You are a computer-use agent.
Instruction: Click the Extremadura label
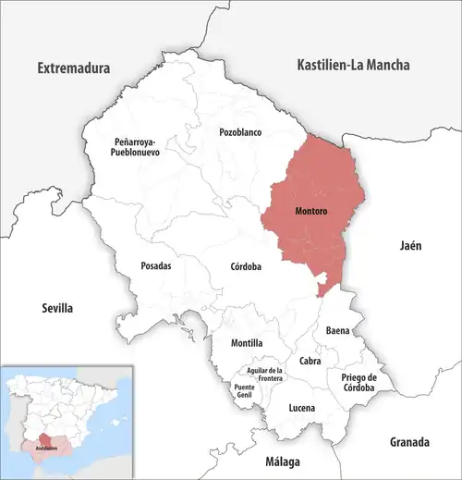[73, 68]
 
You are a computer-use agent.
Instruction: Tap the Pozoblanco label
[240, 132]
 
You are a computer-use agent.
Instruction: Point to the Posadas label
[155, 265]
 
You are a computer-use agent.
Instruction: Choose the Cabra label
[310, 362]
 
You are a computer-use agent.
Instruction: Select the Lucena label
[301, 408]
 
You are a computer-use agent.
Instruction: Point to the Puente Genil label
[244, 390]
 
